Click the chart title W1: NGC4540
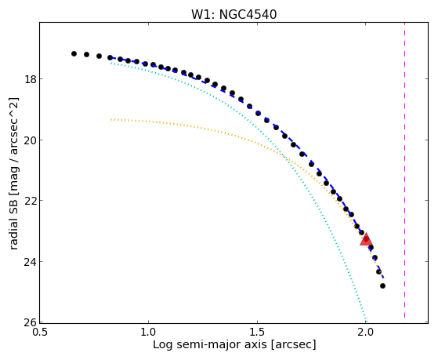pos(233,15)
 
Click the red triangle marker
pos(366,239)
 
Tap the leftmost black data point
pos(74,53)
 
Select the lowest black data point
pos(382,285)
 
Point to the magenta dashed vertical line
pos(405,170)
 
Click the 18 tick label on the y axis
pos(30,79)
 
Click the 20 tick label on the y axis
pos(30,140)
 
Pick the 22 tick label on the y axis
pos(30,201)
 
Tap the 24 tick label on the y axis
pos(30,261)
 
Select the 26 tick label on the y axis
pos(30,322)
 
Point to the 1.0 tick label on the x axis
pos(148,332)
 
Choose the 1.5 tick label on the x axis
pos(257,332)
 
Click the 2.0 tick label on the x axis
pos(365,332)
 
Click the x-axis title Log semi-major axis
pos(210,344)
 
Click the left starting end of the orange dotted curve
pos(111,120)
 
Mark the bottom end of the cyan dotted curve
pos(366,321)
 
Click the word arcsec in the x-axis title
pos(293,344)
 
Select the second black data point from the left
pos(87,54)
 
